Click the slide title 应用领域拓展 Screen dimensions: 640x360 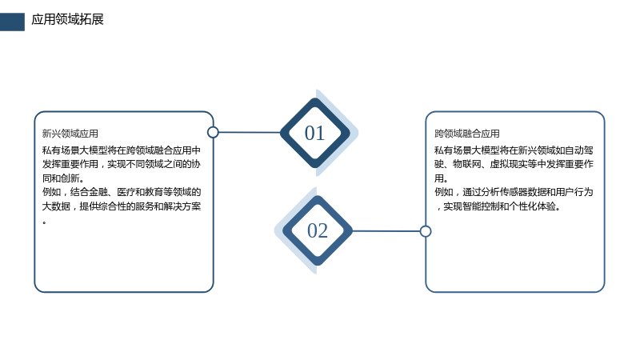click(67, 19)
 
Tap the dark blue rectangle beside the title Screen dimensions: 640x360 click(12, 22)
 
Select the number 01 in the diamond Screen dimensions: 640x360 click(314, 133)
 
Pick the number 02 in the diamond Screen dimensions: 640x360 click(318, 230)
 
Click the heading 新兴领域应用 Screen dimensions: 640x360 click(70, 134)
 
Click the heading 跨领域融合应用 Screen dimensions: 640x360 click(467, 134)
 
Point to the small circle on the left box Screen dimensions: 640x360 click(213, 132)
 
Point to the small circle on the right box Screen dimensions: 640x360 click(426, 231)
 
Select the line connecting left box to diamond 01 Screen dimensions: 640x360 click(250, 132)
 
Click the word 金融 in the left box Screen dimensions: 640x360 click(98, 192)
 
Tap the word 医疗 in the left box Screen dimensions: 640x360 click(126, 192)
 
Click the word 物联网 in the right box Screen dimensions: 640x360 click(467, 164)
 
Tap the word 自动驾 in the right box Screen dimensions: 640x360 click(579, 150)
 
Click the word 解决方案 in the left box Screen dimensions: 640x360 click(182, 206)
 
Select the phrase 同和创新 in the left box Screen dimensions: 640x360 click(61, 178)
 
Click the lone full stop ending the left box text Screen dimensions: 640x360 click(44, 223)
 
